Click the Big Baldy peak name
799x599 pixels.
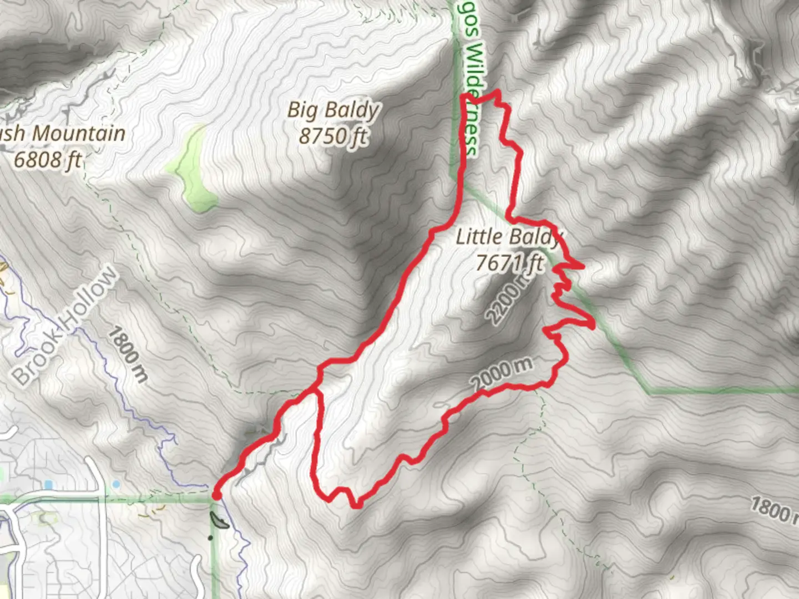point(333,110)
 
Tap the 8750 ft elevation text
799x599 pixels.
point(333,135)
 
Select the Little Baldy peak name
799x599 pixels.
point(508,237)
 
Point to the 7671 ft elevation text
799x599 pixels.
point(509,262)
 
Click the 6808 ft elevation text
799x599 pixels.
point(48,160)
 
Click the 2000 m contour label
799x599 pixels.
point(502,373)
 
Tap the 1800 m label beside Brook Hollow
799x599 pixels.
point(127,354)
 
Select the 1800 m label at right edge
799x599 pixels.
point(775,510)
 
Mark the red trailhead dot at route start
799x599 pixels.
point(216,495)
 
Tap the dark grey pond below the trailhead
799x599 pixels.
point(219,521)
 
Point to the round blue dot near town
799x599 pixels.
point(116,484)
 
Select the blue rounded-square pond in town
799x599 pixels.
point(48,485)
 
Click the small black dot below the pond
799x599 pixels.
point(210,537)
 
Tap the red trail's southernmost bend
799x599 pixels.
point(356,505)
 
